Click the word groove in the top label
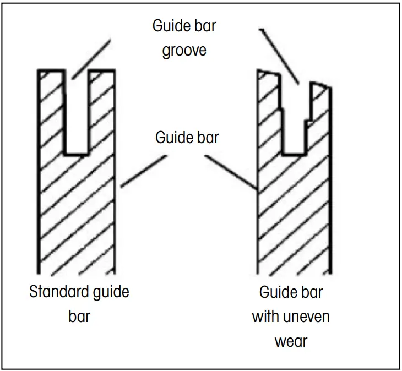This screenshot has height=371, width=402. pyautogui.click(x=184, y=51)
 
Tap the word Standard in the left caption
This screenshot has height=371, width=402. pyautogui.click(x=55, y=291)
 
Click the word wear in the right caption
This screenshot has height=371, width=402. pyautogui.click(x=291, y=341)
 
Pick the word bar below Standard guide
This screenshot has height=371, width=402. pyautogui.click(x=79, y=317)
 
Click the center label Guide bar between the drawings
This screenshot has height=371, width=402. pyautogui.click(x=187, y=137)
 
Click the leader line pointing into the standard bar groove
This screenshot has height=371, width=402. pyautogui.click(x=91, y=58)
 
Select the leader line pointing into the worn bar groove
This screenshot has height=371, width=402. pyautogui.click(x=279, y=55)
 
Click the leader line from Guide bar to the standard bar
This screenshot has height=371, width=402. pyautogui.click(x=143, y=172)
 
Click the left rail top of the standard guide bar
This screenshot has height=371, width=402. pyautogui.click(x=51, y=72)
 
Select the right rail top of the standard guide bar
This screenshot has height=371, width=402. pyautogui.click(x=101, y=72)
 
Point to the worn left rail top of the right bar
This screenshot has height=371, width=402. pyautogui.click(x=268, y=73)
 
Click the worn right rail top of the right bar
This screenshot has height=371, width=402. pyautogui.click(x=321, y=85)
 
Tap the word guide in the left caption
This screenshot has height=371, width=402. pyautogui.click(x=107, y=291)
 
